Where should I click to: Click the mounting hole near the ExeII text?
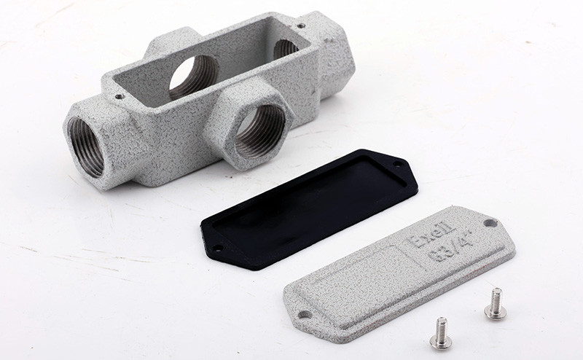point(489,223)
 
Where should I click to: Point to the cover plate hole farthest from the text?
point(305,315)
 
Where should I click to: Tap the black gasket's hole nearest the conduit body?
point(397,165)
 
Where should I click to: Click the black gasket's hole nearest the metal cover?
point(217,249)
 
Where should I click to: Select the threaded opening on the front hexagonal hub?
point(259,131)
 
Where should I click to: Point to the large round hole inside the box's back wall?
point(193,77)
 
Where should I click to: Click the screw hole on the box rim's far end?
point(301,27)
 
